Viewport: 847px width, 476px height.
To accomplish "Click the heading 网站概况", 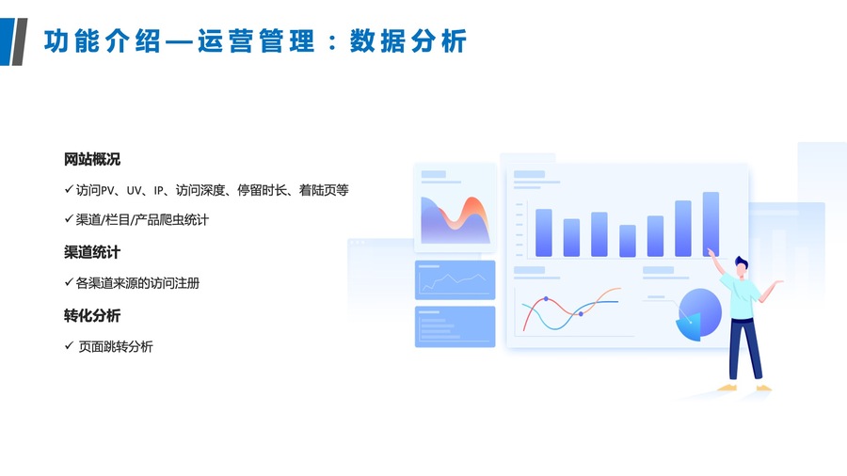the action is pos(92,159).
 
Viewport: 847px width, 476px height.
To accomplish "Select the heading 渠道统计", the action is pos(92,252).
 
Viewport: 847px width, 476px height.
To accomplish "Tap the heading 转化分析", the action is pos(92,316).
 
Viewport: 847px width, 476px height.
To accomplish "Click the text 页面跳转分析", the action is pos(116,346).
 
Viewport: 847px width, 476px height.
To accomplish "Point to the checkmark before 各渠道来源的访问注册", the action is pos(69,281).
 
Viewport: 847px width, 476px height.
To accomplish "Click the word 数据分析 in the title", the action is pos(408,41).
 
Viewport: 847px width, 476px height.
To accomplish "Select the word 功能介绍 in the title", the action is pos(102,41).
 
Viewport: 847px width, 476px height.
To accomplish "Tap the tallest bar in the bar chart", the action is pos(711,224).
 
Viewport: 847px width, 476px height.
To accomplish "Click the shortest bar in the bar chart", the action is pos(627,240).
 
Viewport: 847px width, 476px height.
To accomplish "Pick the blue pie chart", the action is pos(699,314).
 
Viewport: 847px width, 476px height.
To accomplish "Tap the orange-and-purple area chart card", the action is pos(455,208).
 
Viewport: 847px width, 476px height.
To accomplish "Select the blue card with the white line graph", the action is pos(455,280).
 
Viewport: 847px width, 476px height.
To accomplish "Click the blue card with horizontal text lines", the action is pos(455,326).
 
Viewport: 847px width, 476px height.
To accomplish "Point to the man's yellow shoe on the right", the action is pos(764,388).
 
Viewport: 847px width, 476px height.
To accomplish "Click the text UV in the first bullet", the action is pos(134,191).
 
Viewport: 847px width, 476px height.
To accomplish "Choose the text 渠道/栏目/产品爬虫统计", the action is pos(142,219).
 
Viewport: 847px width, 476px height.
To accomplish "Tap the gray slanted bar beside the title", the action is pos(19,41).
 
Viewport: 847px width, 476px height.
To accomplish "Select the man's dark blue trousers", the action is pos(744,349).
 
